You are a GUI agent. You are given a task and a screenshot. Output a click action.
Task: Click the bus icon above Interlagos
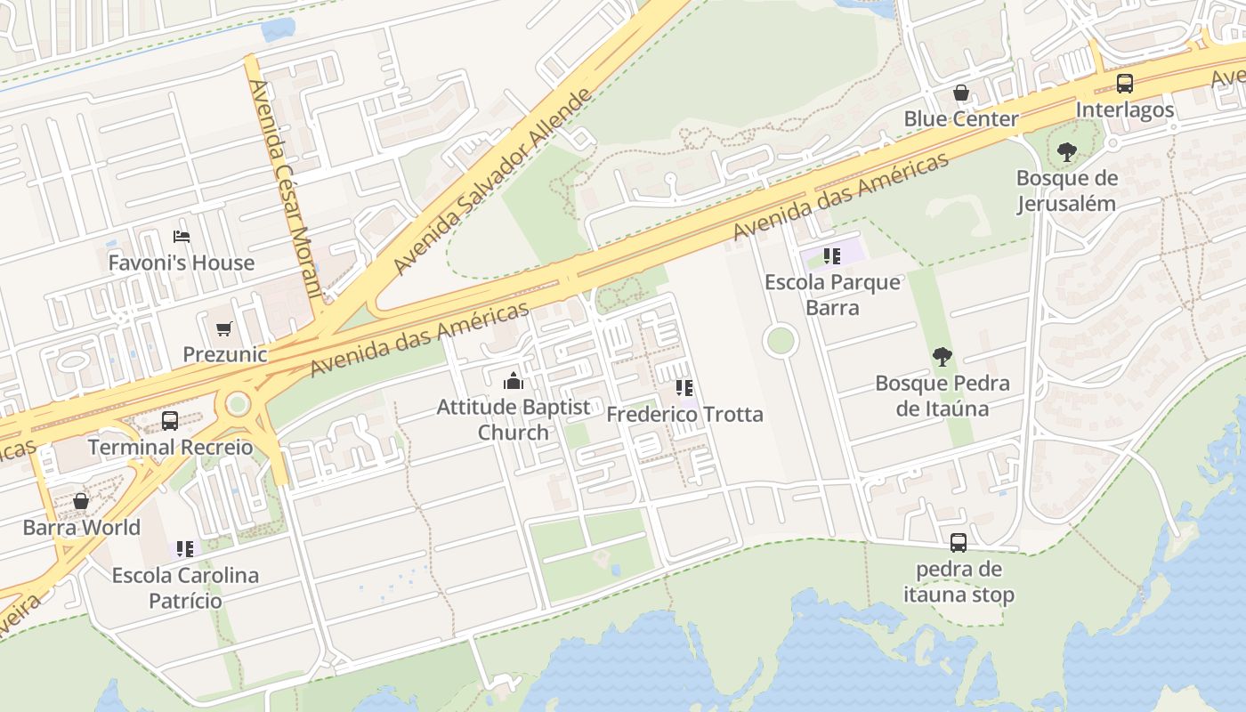click(x=1125, y=84)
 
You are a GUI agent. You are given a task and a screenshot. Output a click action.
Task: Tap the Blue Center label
click(x=961, y=118)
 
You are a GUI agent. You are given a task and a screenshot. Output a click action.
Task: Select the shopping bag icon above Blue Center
click(x=961, y=93)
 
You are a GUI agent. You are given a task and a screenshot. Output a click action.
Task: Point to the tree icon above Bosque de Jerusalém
click(x=1066, y=152)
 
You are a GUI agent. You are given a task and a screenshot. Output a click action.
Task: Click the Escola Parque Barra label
click(x=832, y=295)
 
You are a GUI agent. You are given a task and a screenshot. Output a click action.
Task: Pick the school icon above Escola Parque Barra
click(x=832, y=257)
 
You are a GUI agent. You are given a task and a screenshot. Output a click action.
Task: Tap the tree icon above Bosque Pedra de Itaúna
click(x=942, y=358)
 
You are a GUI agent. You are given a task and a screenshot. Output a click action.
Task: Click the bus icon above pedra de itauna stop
click(x=959, y=542)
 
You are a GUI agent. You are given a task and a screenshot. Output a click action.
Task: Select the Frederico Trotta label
click(x=684, y=415)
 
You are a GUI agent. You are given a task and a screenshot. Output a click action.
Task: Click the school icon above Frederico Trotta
click(x=684, y=388)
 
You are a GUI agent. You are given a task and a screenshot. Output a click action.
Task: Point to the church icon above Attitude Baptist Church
click(x=513, y=382)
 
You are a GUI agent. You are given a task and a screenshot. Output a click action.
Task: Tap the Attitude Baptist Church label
click(x=513, y=419)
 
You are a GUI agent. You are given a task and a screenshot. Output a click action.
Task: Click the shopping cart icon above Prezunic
click(x=224, y=328)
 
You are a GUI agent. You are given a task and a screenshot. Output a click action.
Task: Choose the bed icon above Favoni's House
click(x=182, y=237)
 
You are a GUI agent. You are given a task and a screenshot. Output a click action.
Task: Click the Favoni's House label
click(x=182, y=263)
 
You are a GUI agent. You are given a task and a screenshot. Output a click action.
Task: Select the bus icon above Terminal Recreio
click(x=170, y=421)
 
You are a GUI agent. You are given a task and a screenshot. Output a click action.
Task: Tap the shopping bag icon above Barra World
click(x=81, y=501)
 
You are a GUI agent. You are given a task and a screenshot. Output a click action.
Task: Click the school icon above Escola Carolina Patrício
click(x=185, y=549)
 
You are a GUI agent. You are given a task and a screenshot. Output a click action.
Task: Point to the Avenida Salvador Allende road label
click(x=492, y=182)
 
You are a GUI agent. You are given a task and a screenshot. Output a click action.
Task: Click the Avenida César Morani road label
click(x=284, y=189)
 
